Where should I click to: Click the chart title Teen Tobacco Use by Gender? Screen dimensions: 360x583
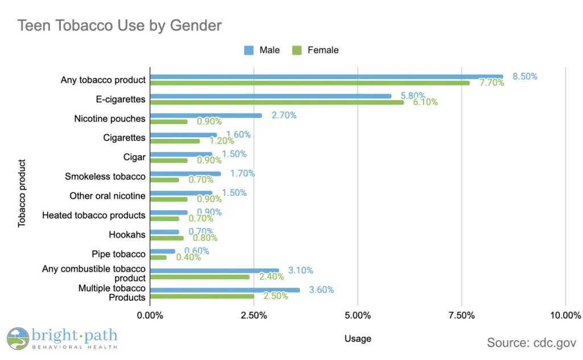tap(119, 26)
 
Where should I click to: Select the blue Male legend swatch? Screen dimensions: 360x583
tap(249, 50)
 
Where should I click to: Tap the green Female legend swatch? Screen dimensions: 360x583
tap(297, 50)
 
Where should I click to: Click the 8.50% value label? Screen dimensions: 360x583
tap(525, 76)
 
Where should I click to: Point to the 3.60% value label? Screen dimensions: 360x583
tap(321, 289)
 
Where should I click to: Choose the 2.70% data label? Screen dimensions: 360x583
tap(284, 115)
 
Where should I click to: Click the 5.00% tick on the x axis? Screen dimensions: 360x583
tap(358, 316)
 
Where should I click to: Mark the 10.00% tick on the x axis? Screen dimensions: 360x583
tap(565, 316)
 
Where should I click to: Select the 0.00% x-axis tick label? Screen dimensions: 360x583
tap(150, 316)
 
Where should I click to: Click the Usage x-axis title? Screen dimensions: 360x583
tap(358, 339)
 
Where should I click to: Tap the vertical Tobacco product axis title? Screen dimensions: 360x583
tap(22, 193)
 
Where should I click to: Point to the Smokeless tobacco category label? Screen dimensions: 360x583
tap(105, 177)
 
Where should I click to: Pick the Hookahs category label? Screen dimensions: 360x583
tap(127, 235)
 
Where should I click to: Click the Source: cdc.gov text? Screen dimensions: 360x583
tap(531, 342)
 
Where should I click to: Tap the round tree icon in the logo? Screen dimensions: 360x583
tap(18, 338)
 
